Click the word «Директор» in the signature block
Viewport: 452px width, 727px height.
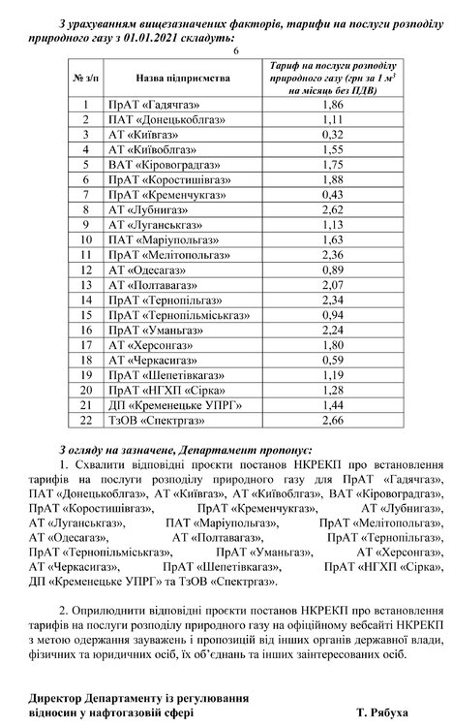[56, 697]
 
